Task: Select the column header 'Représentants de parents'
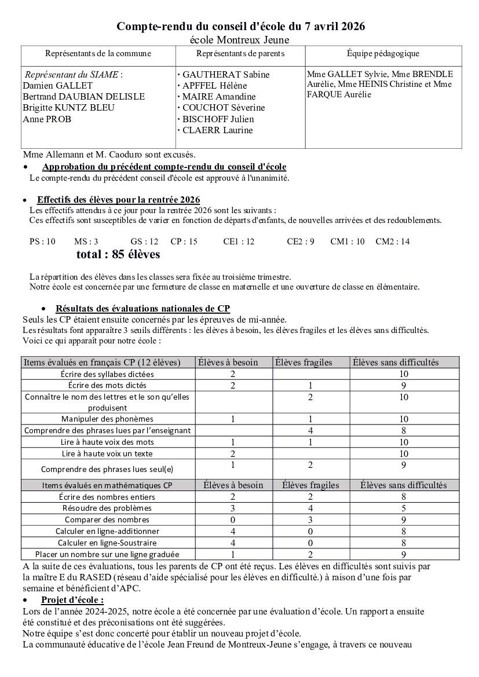pyautogui.click(x=240, y=54)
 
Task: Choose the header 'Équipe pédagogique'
pyautogui.click(x=383, y=54)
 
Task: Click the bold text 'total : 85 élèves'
pyautogui.click(x=118, y=255)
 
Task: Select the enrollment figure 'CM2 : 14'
pyautogui.click(x=392, y=241)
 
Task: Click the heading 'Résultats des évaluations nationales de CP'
pyautogui.click(x=142, y=309)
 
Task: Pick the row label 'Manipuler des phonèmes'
pyautogui.click(x=107, y=419)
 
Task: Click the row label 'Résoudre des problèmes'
pyautogui.click(x=107, y=508)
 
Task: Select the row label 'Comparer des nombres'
pyautogui.click(x=107, y=519)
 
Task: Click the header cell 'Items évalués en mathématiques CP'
pyautogui.click(x=107, y=485)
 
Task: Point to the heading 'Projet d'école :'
pyautogui.click(x=72, y=599)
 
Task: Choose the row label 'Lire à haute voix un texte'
pyautogui.click(x=107, y=453)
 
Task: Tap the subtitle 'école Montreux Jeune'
pyautogui.click(x=240, y=39)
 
